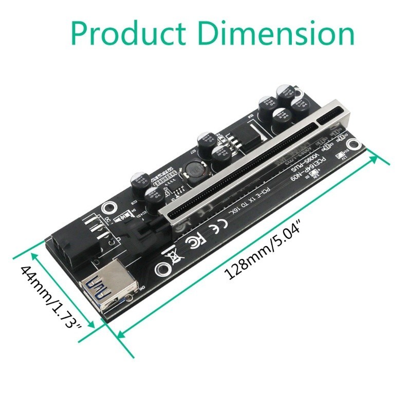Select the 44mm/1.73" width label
point(51,296)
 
